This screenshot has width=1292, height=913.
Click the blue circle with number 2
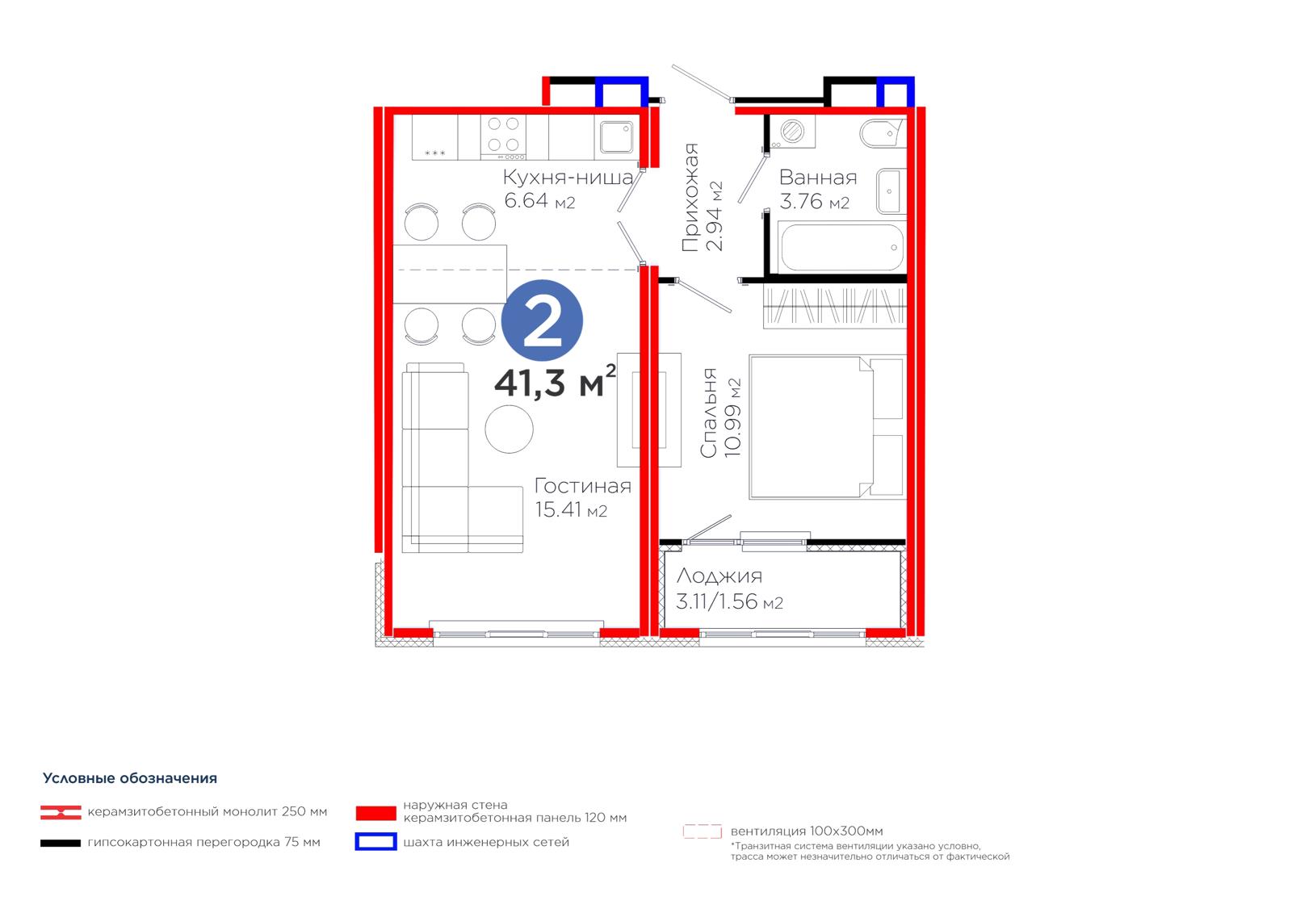542,320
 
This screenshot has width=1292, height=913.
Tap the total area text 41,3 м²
555,382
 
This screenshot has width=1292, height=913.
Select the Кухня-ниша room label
568,177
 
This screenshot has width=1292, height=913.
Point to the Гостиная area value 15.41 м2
570,510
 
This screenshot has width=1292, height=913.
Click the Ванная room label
818,177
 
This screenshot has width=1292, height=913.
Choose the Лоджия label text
719,576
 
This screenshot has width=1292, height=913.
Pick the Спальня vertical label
707,413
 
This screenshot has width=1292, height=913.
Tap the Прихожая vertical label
690,197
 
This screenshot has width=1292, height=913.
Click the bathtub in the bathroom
841,248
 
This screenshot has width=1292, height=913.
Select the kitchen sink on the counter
617,136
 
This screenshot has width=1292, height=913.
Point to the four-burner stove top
503,137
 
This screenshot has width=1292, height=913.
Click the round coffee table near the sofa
509,429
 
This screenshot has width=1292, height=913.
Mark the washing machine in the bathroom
792,131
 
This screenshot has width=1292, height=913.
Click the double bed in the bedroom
828,427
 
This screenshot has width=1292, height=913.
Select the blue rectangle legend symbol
375,841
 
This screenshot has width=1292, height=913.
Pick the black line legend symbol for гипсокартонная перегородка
61,844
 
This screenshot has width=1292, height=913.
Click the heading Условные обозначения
130,778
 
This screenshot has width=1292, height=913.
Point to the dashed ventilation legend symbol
702,831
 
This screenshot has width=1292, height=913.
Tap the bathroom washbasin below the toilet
891,191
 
